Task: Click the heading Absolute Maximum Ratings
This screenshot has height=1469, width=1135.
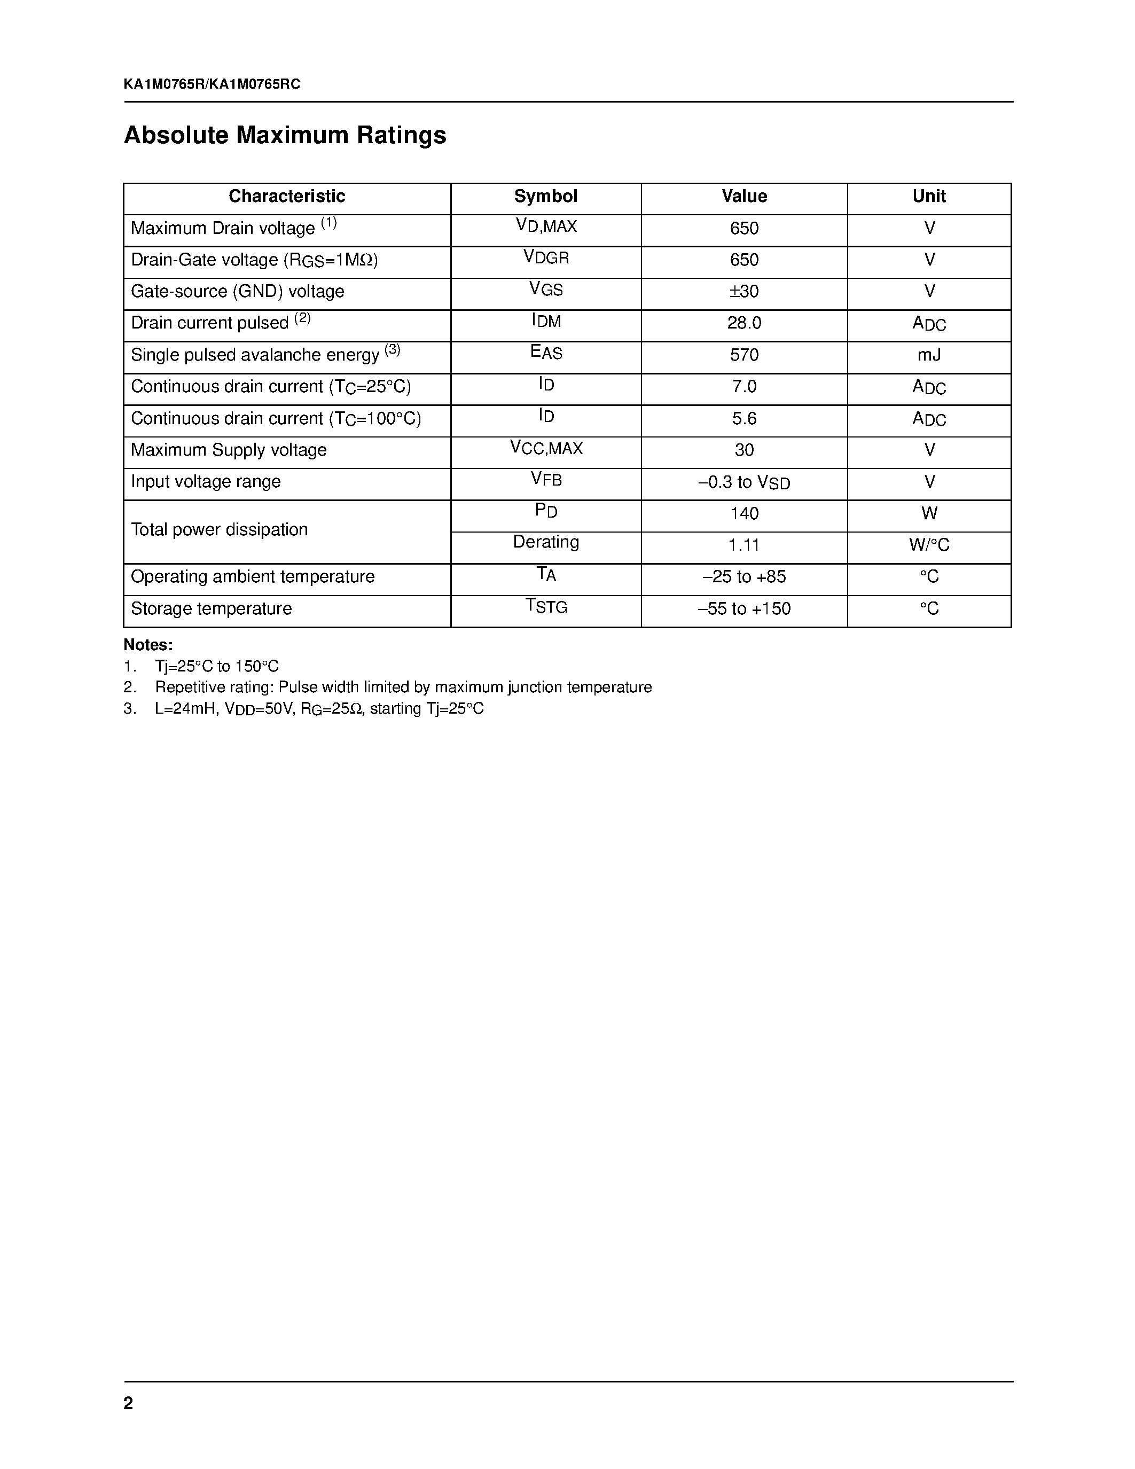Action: tap(285, 135)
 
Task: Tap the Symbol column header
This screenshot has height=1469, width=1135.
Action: tap(545, 197)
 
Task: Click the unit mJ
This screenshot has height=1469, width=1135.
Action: tap(929, 355)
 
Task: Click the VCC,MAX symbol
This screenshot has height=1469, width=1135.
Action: tap(546, 449)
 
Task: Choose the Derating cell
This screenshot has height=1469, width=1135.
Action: tap(546, 542)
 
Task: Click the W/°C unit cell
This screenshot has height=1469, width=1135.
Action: tap(929, 545)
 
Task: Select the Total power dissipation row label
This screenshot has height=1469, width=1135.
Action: tap(219, 530)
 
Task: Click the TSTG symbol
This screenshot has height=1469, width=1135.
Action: tap(546, 607)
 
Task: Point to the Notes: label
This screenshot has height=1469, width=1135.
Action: tap(148, 645)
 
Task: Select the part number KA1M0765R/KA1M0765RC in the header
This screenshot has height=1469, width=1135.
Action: tap(212, 84)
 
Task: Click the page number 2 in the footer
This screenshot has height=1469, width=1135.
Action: tap(128, 1403)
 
